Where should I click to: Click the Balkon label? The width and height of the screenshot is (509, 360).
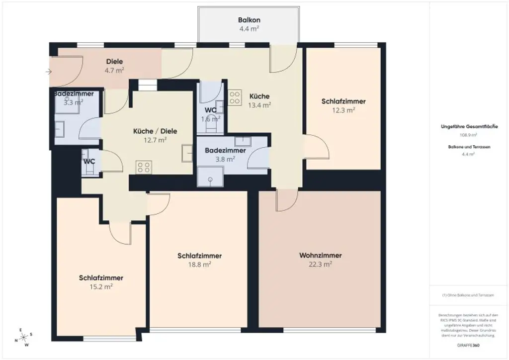pos(249,20)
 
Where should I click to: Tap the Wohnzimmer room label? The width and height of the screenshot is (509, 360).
pos(320,256)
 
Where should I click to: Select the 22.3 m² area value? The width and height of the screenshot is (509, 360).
pos(320,265)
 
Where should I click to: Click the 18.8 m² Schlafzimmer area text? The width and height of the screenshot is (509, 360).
pos(199,265)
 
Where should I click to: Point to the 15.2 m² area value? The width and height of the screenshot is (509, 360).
pos(101,287)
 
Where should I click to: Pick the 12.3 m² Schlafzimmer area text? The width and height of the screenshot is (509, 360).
pos(343,110)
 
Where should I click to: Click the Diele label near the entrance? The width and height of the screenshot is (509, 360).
pos(114,62)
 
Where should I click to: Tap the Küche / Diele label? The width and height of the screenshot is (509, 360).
pos(155,131)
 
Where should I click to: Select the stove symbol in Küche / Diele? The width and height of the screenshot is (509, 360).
pos(144,167)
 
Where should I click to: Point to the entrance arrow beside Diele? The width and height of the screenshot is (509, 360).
pos(48,72)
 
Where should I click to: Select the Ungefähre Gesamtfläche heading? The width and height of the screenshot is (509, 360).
pos(469,127)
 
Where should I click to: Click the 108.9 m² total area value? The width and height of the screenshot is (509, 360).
pos(469,135)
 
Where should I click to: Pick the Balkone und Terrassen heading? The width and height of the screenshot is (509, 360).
pos(469,147)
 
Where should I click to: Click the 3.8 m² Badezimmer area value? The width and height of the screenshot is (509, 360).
pos(225,159)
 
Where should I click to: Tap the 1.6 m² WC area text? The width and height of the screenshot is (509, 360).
pos(210,119)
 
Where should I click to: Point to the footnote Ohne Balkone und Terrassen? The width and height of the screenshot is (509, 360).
pos(468,295)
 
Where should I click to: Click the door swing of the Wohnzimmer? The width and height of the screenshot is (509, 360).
pos(286,200)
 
